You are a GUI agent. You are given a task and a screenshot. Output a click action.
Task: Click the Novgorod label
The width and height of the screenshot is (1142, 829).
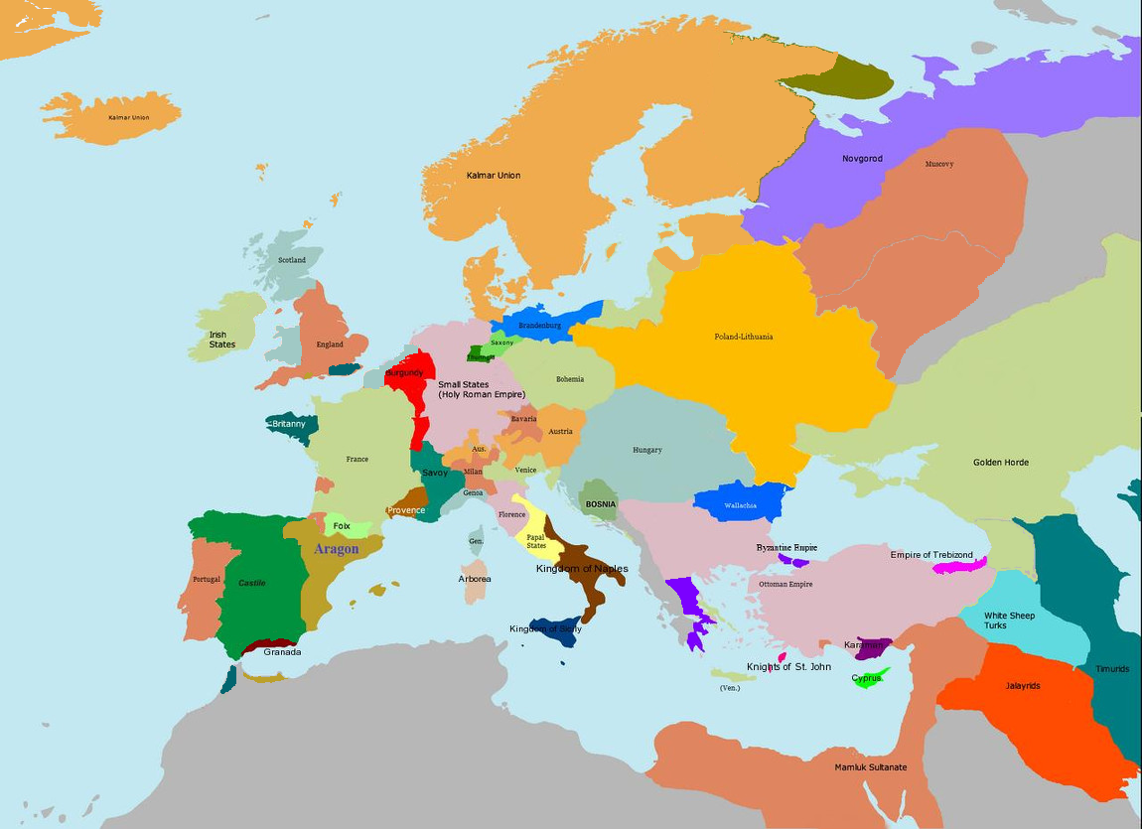(x=862, y=159)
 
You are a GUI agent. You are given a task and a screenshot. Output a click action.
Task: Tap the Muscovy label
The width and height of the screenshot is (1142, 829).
(x=938, y=164)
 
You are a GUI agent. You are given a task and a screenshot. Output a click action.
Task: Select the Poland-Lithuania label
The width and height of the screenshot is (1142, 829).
(x=743, y=337)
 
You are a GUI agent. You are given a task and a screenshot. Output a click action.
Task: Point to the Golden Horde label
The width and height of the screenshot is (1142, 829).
(x=1000, y=463)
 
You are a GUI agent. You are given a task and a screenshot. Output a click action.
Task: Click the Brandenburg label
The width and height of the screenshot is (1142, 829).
(x=539, y=326)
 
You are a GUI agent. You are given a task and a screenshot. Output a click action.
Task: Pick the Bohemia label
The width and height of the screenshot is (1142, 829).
(x=570, y=379)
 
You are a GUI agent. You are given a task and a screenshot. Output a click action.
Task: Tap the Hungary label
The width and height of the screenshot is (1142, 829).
(x=646, y=450)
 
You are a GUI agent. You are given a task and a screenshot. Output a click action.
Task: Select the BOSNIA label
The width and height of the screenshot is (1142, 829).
(x=601, y=504)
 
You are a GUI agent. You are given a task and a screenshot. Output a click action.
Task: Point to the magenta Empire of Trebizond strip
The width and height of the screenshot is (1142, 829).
(x=959, y=567)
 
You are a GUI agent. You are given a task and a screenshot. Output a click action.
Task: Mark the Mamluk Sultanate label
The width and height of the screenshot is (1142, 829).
(x=870, y=767)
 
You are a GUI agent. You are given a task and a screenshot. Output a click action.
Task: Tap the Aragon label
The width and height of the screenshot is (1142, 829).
(x=336, y=549)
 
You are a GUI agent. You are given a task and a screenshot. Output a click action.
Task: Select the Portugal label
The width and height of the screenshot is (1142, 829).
(x=207, y=579)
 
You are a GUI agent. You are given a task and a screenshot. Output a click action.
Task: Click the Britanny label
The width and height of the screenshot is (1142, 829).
(x=289, y=424)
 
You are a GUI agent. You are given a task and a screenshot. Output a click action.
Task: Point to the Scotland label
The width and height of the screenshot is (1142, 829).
(x=292, y=260)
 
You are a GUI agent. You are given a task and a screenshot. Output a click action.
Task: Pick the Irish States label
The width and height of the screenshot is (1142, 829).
(x=222, y=340)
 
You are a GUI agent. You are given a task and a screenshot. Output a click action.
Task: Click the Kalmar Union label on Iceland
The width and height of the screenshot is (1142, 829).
(x=128, y=117)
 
